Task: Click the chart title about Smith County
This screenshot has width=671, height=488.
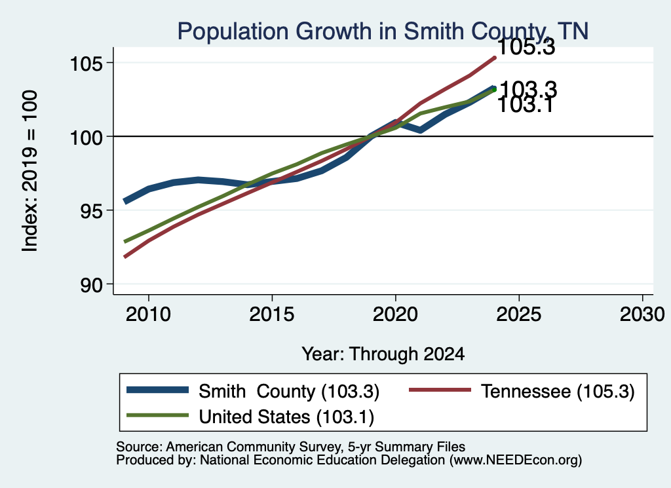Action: click(x=383, y=31)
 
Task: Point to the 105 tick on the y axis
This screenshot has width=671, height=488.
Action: click(x=86, y=64)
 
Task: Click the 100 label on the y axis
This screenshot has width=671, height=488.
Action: click(x=86, y=138)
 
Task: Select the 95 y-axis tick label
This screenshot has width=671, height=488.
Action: click(x=92, y=212)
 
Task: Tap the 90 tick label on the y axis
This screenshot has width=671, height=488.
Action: click(x=92, y=286)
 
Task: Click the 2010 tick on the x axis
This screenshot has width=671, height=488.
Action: click(x=149, y=314)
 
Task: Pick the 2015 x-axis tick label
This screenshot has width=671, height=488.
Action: click(x=272, y=314)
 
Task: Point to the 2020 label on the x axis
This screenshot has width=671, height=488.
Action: click(x=395, y=314)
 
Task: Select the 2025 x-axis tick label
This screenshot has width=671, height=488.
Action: click(x=519, y=314)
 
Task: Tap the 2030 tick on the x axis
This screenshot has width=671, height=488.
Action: click(x=642, y=314)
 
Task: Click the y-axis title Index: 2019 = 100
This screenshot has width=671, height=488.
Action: click(x=29, y=171)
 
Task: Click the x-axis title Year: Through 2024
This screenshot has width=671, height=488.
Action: click(x=383, y=354)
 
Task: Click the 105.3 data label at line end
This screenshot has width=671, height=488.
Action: click(x=526, y=47)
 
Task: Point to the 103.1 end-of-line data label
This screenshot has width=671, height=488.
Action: click(x=526, y=105)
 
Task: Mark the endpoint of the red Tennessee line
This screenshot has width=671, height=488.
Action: click(x=494, y=58)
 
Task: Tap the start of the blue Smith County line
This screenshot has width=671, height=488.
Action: click(x=125, y=202)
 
